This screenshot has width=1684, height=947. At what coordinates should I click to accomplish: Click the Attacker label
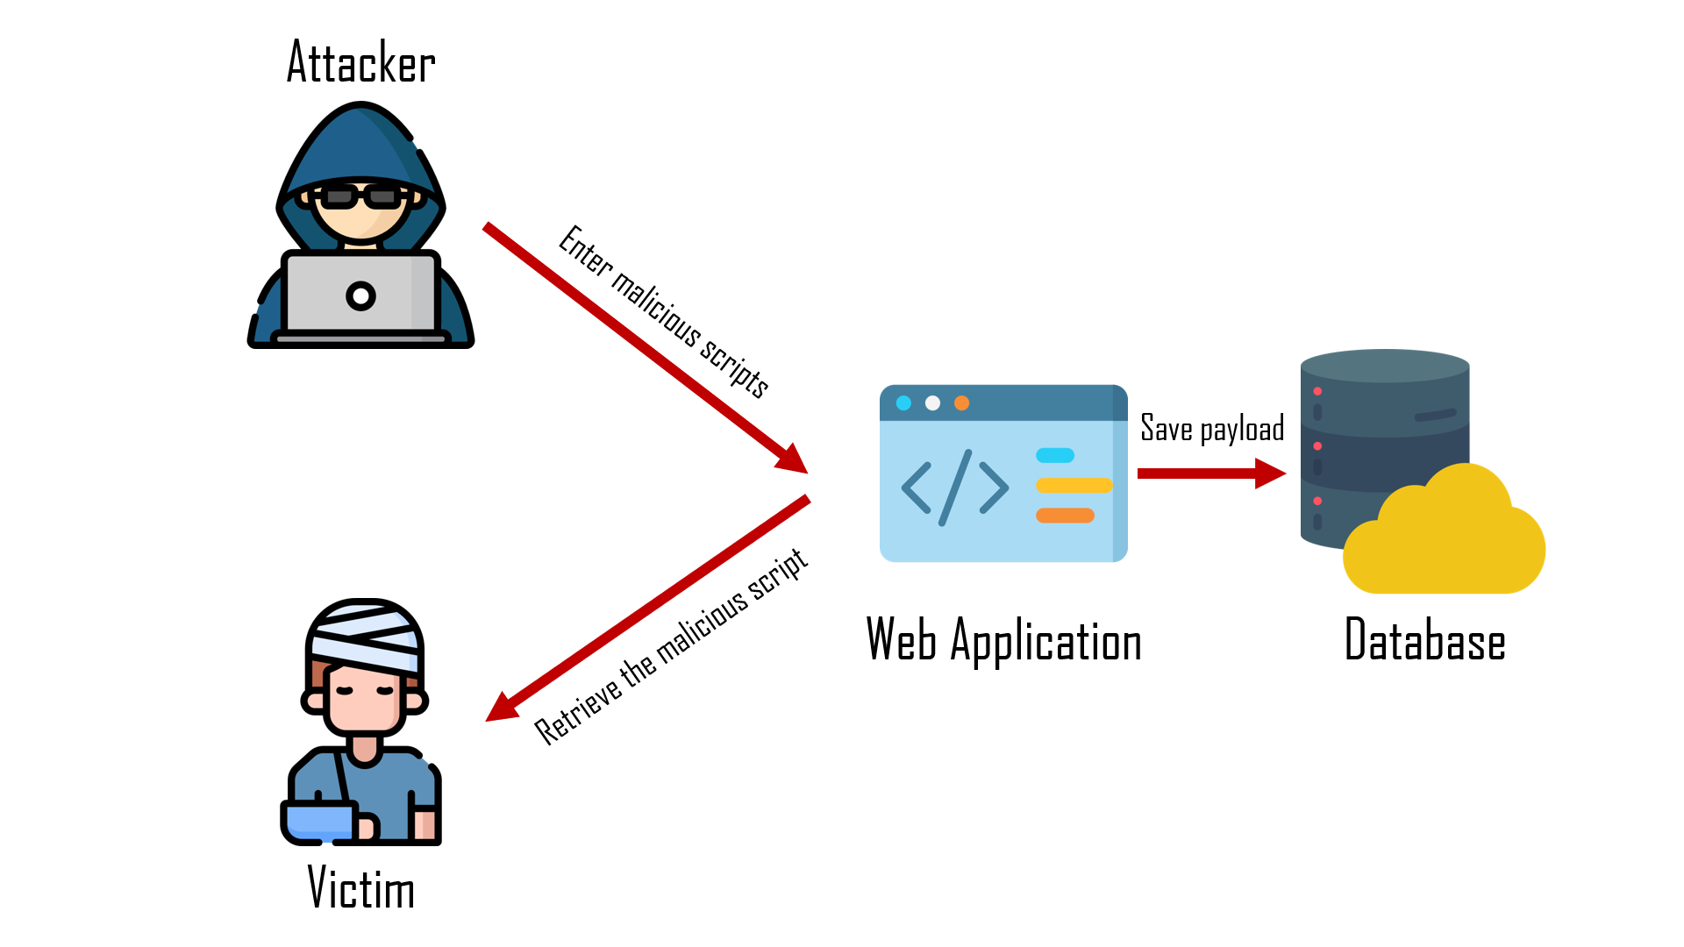pos(360,63)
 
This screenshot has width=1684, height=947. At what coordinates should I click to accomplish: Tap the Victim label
pos(360,887)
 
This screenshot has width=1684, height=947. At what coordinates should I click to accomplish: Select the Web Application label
pos(1003,640)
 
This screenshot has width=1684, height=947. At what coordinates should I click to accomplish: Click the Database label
pos(1424,640)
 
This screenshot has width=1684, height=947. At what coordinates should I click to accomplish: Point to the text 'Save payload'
pos(1212,428)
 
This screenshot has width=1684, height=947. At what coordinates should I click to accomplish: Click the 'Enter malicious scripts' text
pos(664,311)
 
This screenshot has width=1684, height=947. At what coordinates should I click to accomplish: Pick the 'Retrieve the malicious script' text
pos(671,646)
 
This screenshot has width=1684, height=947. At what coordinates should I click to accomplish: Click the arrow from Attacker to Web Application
pos(645,348)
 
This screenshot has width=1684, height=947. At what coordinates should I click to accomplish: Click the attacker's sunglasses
pos(360,196)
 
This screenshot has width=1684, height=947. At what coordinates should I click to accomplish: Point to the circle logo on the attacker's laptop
pos(360,296)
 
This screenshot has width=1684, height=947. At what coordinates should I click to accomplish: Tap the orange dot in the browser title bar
pos(961,403)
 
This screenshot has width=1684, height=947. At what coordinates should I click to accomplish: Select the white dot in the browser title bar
pos(932,403)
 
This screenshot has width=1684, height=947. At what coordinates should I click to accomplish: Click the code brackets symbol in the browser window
pos(954,488)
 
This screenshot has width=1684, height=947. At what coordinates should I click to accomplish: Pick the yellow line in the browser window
pos(1074,486)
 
